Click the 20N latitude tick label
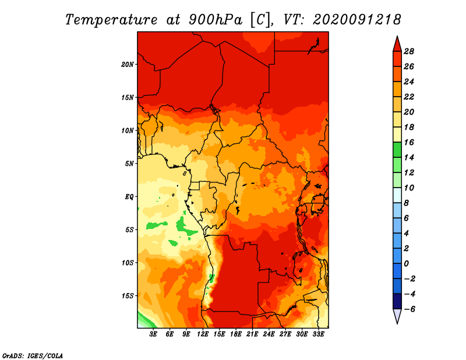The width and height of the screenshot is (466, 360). coord(127,65)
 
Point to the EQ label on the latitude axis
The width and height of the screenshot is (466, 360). coord(129,197)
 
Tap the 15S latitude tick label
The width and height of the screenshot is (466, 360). coord(127,296)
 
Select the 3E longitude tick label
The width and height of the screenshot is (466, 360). coord(153,334)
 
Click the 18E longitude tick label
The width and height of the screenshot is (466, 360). coord(236,334)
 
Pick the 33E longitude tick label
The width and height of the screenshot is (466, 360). coord(318,334)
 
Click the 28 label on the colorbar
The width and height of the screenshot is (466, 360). coord(409,51)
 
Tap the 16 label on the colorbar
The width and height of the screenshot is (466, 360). coord(409,142)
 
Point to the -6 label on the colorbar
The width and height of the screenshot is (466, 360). coord(409,309)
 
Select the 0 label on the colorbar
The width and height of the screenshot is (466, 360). coord(406,264)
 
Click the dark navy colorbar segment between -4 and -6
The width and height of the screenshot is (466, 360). coord(397,301)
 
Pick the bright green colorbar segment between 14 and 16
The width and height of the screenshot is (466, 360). coord(397,150)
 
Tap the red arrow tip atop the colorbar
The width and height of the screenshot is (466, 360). coord(397,36)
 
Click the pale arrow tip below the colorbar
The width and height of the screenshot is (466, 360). coord(397,323)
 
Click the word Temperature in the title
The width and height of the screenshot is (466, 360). coord(111,20)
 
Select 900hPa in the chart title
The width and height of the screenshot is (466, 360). coord(215,20)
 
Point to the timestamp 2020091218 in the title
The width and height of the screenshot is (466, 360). coord(357,20)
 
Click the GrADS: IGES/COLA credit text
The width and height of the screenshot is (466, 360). coord(33,356)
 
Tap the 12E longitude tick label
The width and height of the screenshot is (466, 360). coord(203,334)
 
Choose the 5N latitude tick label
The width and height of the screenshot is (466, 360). coord(129,164)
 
